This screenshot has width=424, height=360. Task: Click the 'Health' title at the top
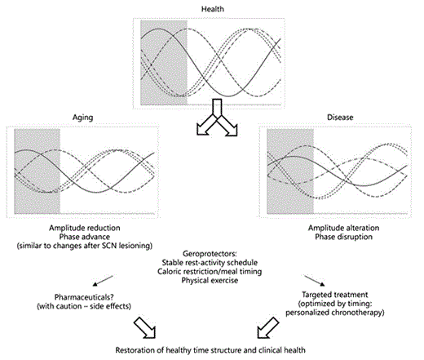(212, 9)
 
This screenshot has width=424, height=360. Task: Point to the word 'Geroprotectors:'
(213, 254)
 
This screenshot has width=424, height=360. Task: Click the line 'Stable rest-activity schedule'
(213, 263)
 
